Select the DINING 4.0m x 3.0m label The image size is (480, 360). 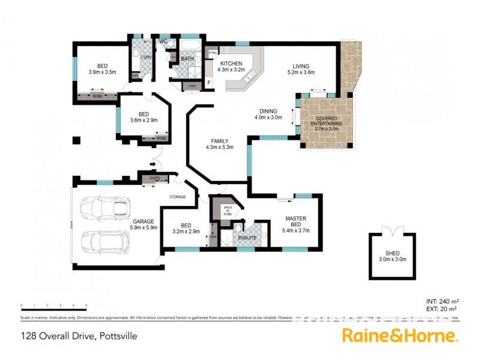(x=268, y=114)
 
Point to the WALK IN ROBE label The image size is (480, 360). (x=227, y=211)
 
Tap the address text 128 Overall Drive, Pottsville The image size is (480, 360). (x=79, y=336)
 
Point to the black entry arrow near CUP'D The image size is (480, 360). (x=153, y=164)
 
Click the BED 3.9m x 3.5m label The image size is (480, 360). (x=102, y=69)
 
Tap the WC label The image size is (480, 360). (x=162, y=41)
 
